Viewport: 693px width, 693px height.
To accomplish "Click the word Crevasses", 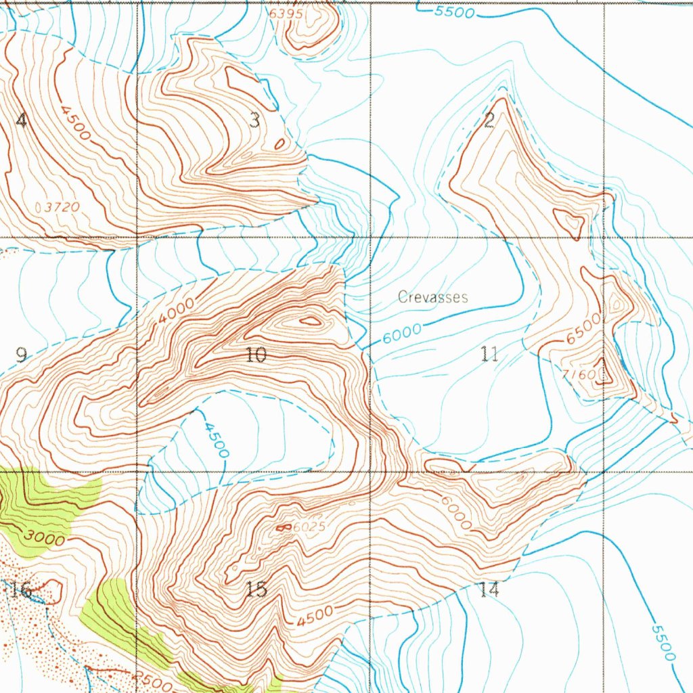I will [432, 297].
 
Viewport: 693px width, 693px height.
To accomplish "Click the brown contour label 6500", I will [583, 328].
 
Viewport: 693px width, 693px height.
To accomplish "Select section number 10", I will [256, 355].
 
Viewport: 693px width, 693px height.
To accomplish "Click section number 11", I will [490, 354].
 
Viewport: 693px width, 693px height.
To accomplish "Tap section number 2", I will [489, 120].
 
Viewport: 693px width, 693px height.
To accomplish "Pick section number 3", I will [254, 121].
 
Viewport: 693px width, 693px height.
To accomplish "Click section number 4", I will [22, 121].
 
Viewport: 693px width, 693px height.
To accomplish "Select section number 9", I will [22, 355].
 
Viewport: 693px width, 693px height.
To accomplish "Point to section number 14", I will [489, 589].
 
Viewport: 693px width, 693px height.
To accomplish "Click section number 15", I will [256, 589].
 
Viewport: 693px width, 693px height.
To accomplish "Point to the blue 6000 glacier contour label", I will [402, 334].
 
